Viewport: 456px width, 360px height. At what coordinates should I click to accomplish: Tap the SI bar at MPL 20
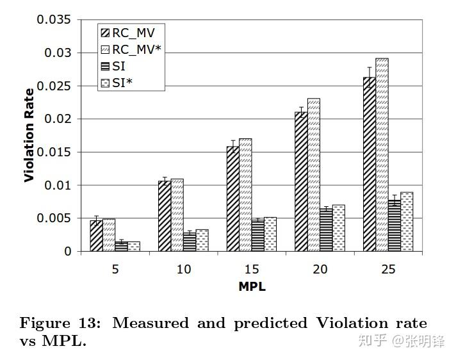(326, 230)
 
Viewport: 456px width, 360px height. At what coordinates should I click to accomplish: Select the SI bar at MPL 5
(121, 247)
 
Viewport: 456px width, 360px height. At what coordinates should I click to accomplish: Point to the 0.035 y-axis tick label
(54, 19)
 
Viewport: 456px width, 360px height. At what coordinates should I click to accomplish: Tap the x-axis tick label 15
(252, 270)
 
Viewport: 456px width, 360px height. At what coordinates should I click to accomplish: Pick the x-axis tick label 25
(388, 270)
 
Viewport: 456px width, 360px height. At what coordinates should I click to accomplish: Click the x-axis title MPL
(252, 286)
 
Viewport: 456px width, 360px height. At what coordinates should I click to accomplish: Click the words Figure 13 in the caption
(60, 323)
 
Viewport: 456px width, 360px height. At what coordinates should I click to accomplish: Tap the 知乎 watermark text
(373, 341)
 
